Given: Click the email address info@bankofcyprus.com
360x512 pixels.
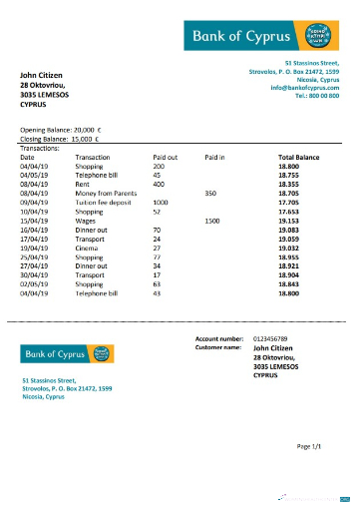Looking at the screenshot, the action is point(304,89).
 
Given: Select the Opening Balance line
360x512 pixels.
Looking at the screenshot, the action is point(61,131).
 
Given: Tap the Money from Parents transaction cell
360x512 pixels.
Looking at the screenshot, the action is point(103,193).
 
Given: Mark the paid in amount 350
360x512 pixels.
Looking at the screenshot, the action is point(209,193).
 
